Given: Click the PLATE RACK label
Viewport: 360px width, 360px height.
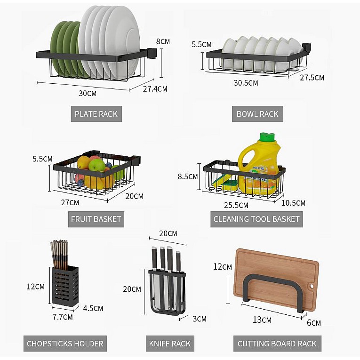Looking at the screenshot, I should [96, 114].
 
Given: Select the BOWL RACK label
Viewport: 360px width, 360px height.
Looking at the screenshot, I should [257, 114].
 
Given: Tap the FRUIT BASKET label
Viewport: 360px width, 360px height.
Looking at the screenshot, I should [96, 219].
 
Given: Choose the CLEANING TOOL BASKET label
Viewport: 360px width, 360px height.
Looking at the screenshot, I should [256, 219].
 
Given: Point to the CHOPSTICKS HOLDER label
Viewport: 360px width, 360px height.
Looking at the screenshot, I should [65, 344].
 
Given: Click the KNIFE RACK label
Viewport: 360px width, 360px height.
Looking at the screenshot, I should [170, 344].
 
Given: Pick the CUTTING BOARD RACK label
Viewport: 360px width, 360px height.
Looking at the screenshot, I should [277, 344].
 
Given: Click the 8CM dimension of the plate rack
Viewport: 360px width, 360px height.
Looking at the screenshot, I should [163, 41].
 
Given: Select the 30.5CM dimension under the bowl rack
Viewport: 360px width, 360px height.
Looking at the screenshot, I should [246, 83].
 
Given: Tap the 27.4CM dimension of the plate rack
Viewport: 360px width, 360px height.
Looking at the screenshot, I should [155, 88].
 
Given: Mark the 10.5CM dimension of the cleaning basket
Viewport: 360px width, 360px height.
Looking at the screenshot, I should [293, 203].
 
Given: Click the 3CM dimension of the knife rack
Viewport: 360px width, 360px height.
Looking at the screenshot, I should [200, 319].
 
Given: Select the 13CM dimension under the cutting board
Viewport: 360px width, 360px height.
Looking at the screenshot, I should [262, 320].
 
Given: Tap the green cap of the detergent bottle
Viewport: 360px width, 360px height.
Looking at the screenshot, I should [267, 137].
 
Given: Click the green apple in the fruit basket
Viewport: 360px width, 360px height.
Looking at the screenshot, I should [97, 165].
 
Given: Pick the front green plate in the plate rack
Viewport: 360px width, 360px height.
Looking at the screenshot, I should [58, 47].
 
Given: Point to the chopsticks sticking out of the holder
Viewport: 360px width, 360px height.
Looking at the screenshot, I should [59, 254].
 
